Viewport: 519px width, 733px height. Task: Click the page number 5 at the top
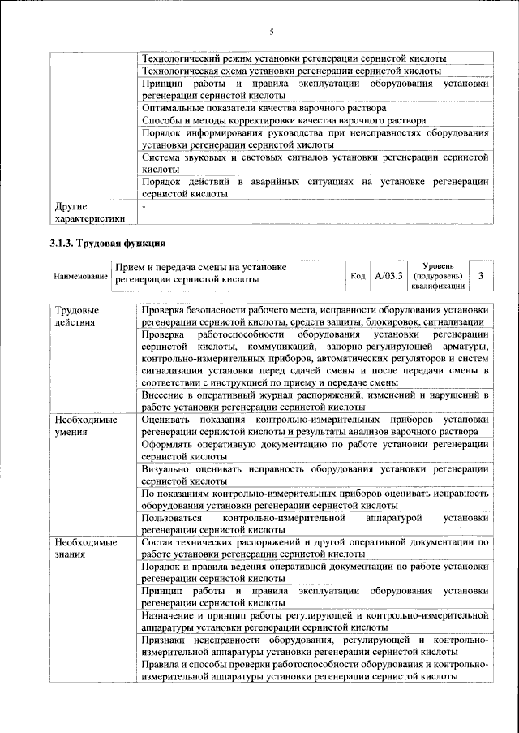click(272, 32)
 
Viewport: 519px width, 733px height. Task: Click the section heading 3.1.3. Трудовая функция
click(107, 243)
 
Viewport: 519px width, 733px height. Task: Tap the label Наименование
click(80, 277)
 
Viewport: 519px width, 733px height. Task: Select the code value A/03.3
click(388, 277)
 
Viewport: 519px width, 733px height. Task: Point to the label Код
click(358, 277)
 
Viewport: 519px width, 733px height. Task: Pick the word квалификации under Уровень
click(438, 287)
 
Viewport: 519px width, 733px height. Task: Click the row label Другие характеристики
click(88, 213)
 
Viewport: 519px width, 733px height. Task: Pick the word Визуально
click(165, 469)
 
